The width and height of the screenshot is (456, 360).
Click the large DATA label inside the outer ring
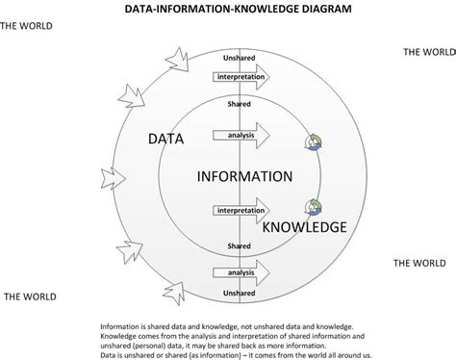point(166,140)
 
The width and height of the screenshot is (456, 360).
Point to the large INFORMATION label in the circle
point(243,177)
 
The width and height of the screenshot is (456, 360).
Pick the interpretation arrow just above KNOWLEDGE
point(241,209)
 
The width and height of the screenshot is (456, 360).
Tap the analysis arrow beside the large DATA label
point(241,136)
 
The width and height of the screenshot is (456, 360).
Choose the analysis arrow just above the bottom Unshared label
point(241,274)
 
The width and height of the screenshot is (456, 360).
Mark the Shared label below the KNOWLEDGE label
point(240,246)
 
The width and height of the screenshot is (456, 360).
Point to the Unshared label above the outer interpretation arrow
point(240,56)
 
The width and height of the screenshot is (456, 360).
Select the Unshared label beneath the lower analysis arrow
point(240,293)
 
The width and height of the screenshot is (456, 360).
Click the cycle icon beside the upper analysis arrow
point(314,141)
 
